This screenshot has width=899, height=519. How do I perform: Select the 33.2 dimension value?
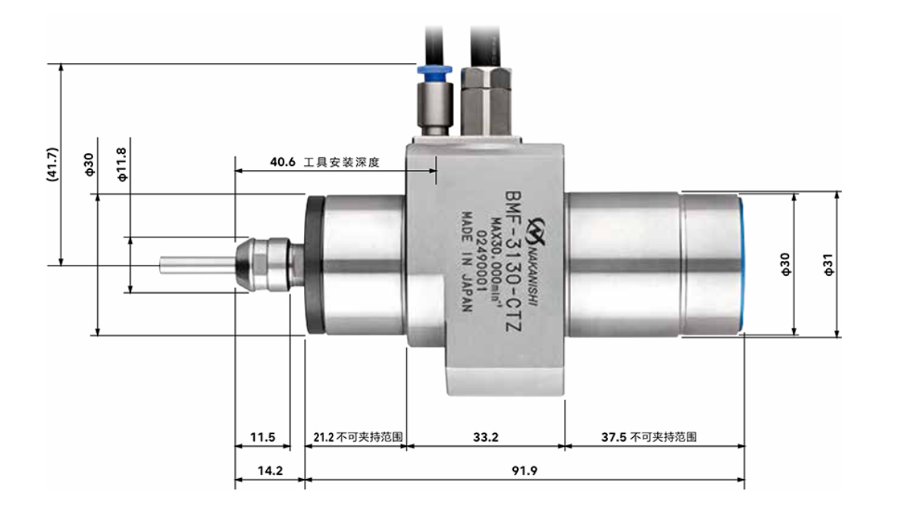click(x=485, y=438)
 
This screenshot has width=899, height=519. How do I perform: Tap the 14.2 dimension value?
click(x=269, y=471)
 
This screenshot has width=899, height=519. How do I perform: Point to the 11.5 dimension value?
click(x=262, y=438)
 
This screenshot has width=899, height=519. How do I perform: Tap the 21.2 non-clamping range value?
click(x=323, y=438)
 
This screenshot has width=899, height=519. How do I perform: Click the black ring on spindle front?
click(x=313, y=265)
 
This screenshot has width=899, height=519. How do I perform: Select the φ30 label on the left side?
click(x=89, y=164)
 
